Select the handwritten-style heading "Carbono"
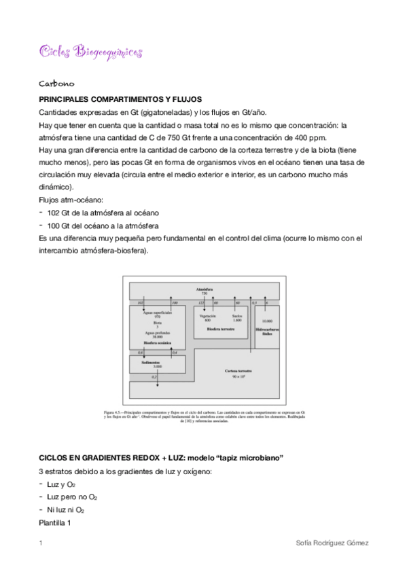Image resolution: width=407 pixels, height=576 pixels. (x=60, y=84)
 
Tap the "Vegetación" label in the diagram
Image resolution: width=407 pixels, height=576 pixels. (x=208, y=317)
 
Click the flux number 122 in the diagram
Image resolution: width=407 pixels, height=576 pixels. (x=202, y=303)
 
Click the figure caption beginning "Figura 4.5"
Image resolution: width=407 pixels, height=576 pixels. (x=205, y=416)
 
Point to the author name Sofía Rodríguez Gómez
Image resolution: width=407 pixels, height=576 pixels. (x=333, y=543)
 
